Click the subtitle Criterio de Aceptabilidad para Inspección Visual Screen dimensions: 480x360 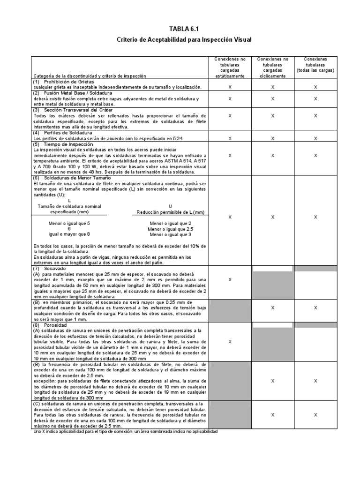click(x=184, y=40)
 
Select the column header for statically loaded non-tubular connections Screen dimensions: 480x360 click(x=230, y=67)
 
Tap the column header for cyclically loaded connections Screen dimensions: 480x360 click(x=273, y=67)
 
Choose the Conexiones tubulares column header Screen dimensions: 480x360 click(x=315, y=65)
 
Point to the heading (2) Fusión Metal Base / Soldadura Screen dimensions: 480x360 click(x=74, y=93)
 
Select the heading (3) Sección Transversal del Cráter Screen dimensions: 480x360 click(x=75, y=109)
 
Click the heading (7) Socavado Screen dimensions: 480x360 click(x=50, y=269)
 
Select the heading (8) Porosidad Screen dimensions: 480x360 click(x=51, y=324)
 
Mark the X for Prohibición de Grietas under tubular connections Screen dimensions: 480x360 click(x=315, y=87)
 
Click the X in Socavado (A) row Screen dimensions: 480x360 click(x=230, y=279)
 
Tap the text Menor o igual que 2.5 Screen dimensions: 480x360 click(x=170, y=229)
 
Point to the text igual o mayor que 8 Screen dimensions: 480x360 click(x=69, y=234)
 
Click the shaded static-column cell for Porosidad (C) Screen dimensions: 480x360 click(x=230, y=414)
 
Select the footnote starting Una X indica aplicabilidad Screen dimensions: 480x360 click(x=126, y=431)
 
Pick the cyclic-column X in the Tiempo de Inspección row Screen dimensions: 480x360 click(x=273, y=155)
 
